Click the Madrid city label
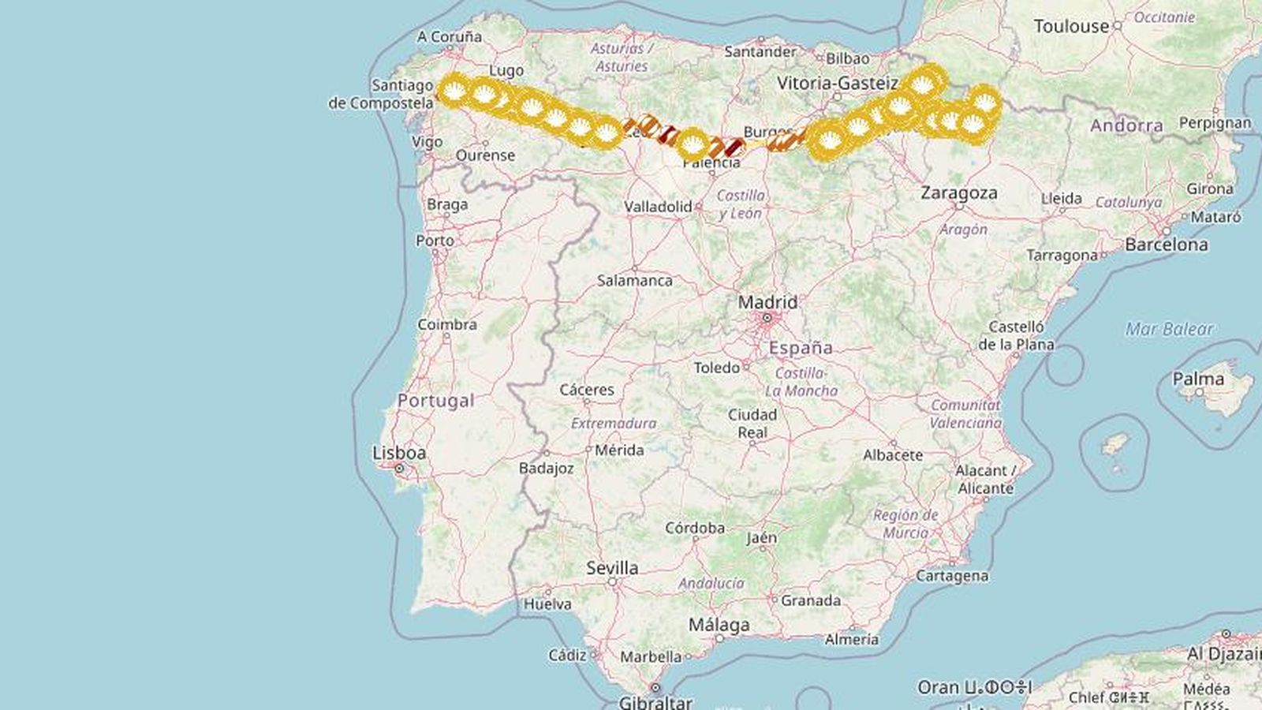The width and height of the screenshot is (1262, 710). [x=767, y=302]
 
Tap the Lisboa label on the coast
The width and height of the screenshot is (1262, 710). [x=399, y=453]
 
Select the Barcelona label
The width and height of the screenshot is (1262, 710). [x=1166, y=245]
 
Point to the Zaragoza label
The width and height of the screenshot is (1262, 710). [x=958, y=192]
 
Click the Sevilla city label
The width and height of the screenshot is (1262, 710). [x=612, y=567]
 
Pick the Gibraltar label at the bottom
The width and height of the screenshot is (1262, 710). [x=655, y=701]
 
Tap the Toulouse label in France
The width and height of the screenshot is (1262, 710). [x=1070, y=26]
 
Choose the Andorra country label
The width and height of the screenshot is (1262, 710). [x=1126, y=125]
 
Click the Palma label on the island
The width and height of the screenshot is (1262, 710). [x=1198, y=379]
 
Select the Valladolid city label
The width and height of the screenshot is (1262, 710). [x=658, y=207]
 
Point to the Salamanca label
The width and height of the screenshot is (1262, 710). [x=634, y=280]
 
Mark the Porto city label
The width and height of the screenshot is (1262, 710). [x=435, y=240]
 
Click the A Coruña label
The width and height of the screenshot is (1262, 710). [x=450, y=36]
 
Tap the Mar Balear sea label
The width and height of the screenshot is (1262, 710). [x=1168, y=329]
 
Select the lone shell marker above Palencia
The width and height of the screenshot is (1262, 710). [x=693, y=144]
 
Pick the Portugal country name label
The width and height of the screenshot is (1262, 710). [x=435, y=401]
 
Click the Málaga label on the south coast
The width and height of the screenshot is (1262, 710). [x=719, y=625]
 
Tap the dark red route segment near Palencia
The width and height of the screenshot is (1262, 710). [x=734, y=147]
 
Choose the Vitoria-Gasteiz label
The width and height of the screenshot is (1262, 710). [x=837, y=83]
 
